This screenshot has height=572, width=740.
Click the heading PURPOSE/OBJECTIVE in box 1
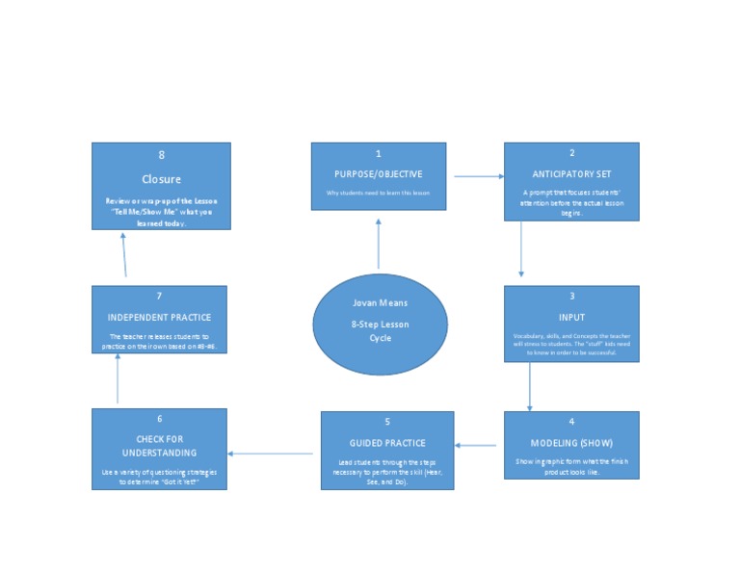(378, 174)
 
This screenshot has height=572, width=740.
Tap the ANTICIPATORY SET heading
(571, 174)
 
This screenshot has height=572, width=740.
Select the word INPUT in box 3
(571, 317)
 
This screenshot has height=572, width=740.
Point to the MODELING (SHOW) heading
(571, 443)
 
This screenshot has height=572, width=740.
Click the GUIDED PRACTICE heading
(387, 443)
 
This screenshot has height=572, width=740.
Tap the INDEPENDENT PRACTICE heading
(160, 317)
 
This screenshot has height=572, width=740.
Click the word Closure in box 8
(161, 179)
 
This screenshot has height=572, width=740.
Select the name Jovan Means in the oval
(380, 302)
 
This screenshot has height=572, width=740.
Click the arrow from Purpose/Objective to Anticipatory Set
(479, 176)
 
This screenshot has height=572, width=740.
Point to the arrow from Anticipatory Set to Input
(521, 250)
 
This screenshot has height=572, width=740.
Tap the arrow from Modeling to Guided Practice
(476, 446)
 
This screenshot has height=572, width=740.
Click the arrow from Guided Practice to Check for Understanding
(271, 454)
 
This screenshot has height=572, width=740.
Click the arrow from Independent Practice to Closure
(125, 255)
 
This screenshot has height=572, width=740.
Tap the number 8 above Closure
(161, 155)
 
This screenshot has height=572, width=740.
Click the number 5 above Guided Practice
(387, 422)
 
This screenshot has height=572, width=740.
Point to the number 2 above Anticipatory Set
(571, 153)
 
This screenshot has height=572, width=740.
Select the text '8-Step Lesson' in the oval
(380, 325)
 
